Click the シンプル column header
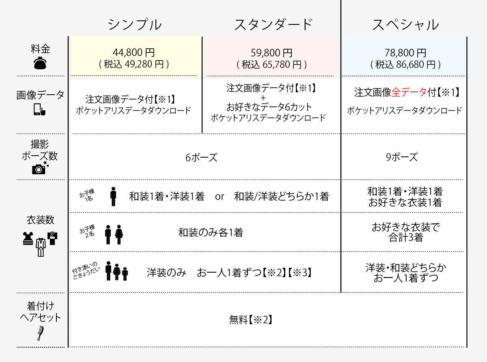coord(135,24)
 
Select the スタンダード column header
coord(274,24)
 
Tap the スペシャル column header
coord(405,24)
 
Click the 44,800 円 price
coord(134,52)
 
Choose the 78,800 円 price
coord(405,53)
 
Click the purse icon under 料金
coord(40,63)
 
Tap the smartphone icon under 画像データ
coord(39,109)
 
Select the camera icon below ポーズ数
coord(40,168)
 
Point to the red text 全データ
coord(409,92)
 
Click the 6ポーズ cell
coord(201,157)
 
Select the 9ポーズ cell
coord(402,157)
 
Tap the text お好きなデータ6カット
coord(269,107)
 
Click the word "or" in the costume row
coord(219,197)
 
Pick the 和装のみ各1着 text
coord(211,232)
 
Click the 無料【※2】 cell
coord(251,320)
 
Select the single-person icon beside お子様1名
coord(113,197)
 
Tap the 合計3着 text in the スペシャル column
coord(405,237)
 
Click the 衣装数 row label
coord(41,220)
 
